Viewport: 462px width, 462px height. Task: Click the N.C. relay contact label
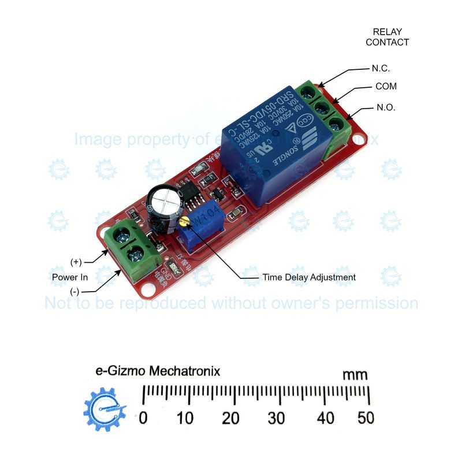click(x=381, y=68)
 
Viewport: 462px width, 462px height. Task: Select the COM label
click(x=386, y=87)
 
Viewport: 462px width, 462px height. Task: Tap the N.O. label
click(x=386, y=107)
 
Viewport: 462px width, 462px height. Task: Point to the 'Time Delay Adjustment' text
click(x=309, y=277)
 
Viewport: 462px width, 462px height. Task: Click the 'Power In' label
click(x=69, y=277)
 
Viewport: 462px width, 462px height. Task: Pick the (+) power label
click(x=76, y=262)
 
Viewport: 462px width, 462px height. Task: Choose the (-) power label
click(x=75, y=292)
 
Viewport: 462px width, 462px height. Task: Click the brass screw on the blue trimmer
click(x=184, y=221)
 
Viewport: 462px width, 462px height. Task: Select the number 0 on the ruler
click(x=143, y=418)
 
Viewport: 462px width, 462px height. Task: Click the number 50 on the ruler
click(x=366, y=418)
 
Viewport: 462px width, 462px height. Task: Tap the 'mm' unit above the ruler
click(x=355, y=375)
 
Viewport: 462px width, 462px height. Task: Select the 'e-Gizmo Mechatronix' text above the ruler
click(x=157, y=371)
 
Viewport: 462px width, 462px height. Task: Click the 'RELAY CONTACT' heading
click(x=387, y=37)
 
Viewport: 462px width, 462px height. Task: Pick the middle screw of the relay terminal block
click(x=319, y=107)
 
